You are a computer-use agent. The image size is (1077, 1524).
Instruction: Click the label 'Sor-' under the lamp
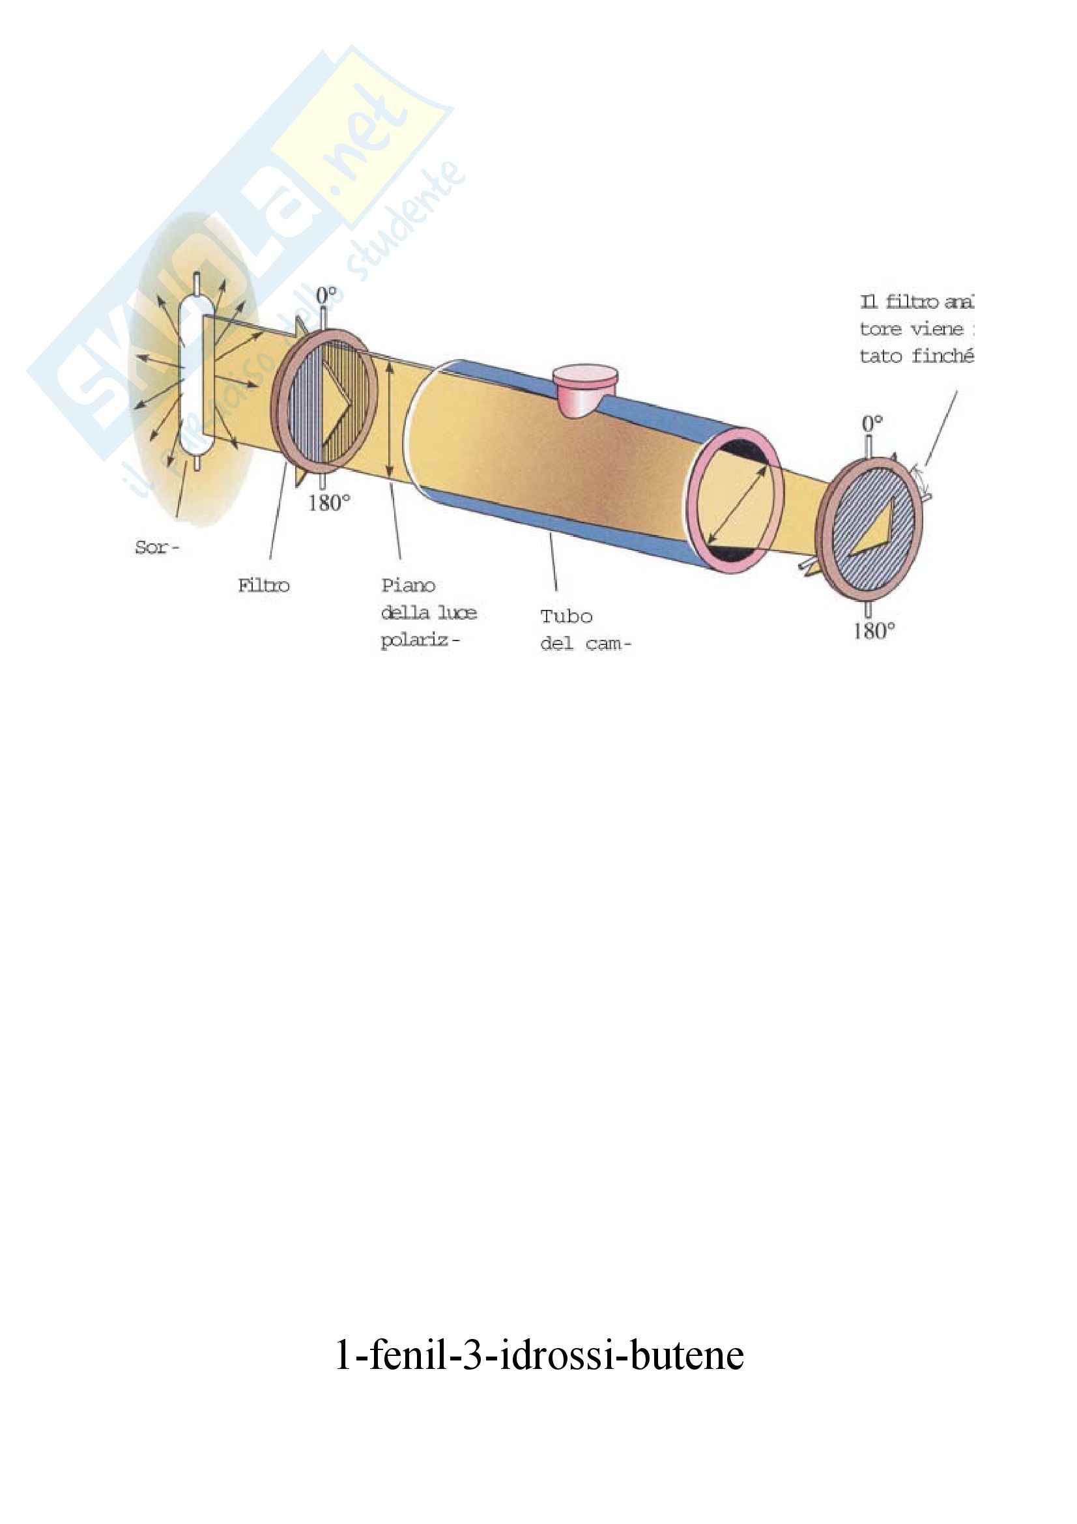pyautogui.click(x=156, y=547)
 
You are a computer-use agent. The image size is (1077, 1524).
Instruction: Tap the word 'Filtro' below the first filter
pyautogui.click(x=263, y=586)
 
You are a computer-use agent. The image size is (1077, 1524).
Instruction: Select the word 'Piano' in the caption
pyautogui.click(x=408, y=586)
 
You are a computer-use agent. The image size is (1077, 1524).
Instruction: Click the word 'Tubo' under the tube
pyautogui.click(x=566, y=616)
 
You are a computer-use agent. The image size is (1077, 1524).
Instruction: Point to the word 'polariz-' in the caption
pyautogui.click(x=420, y=641)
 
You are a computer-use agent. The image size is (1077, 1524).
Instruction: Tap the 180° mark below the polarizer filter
pyautogui.click(x=328, y=503)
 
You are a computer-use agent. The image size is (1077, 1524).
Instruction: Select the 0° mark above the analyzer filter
pyautogui.click(x=872, y=424)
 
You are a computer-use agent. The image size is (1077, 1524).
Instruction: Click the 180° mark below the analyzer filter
pyautogui.click(x=874, y=631)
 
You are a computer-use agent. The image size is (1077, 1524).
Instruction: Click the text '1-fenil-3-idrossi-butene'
pyautogui.click(x=539, y=1355)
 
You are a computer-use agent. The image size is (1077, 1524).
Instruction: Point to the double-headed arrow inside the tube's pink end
pyautogui.click(x=736, y=504)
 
